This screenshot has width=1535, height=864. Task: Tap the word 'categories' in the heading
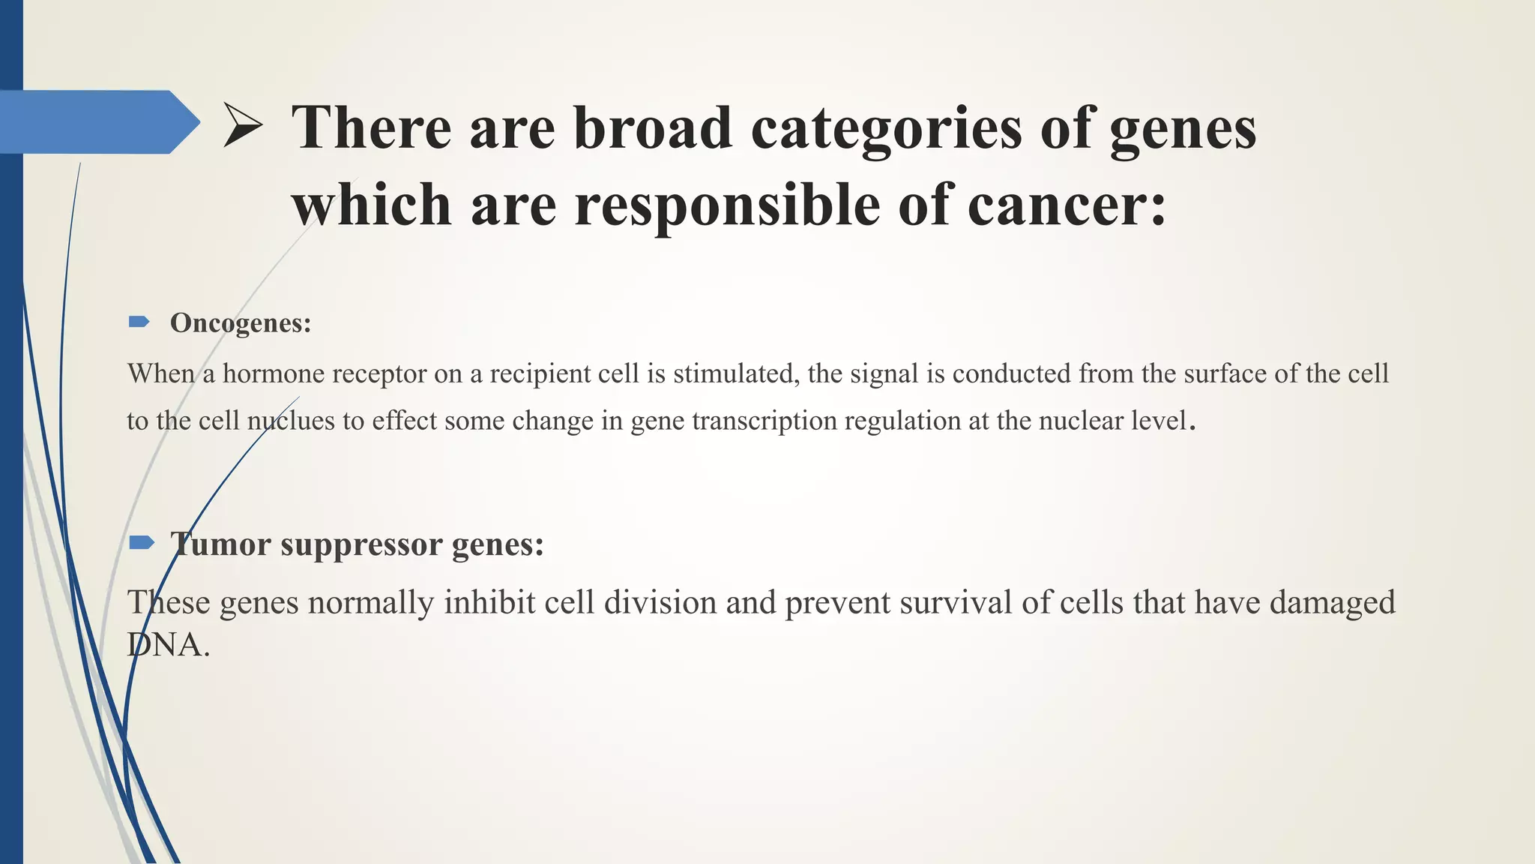pos(886,129)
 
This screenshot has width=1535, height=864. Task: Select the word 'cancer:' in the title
pos(1067,205)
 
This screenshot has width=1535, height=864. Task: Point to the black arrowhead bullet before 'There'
pos(242,126)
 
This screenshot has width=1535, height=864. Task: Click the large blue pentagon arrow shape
pos(97,122)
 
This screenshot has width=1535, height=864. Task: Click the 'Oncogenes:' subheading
pos(240,323)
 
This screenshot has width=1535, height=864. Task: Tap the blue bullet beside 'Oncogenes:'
pos(139,322)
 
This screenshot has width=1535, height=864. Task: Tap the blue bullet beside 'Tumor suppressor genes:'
pos(141,542)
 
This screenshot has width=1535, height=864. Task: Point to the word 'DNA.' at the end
pos(169,645)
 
